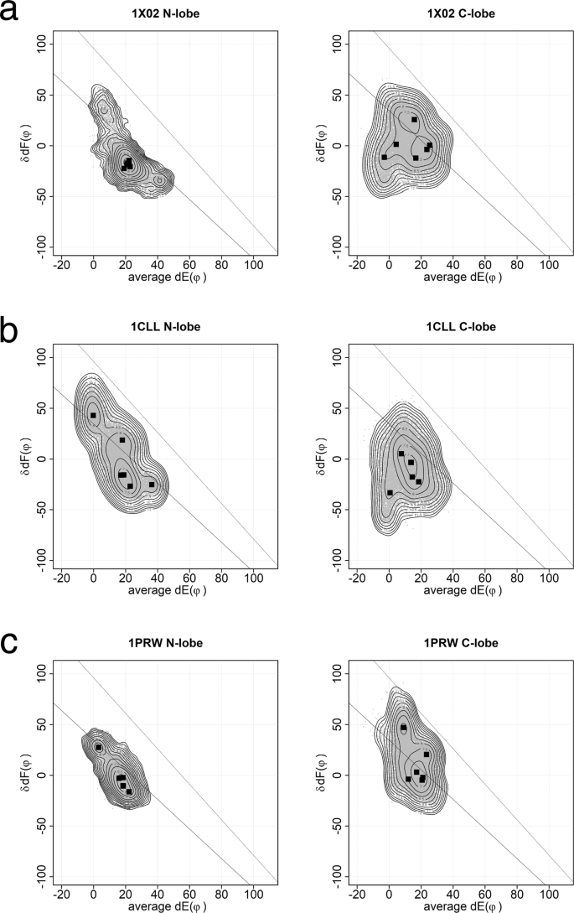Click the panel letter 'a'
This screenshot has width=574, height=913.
pyautogui.click(x=11, y=14)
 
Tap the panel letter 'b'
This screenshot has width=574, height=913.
pyautogui.click(x=11, y=330)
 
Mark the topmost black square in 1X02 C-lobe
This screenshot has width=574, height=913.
pyautogui.click(x=414, y=120)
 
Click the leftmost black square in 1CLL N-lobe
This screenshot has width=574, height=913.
pyautogui.click(x=94, y=415)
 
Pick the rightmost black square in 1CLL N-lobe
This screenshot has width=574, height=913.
pyautogui.click(x=152, y=485)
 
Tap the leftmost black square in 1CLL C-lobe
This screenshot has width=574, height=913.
pyautogui.click(x=390, y=493)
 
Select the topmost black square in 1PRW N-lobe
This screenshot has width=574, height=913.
pyautogui.click(x=99, y=747)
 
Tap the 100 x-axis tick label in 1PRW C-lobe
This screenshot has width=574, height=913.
pyautogui.click(x=548, y=893)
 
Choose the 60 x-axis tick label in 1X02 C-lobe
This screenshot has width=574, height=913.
pyautogui.click(x=484, y=263)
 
